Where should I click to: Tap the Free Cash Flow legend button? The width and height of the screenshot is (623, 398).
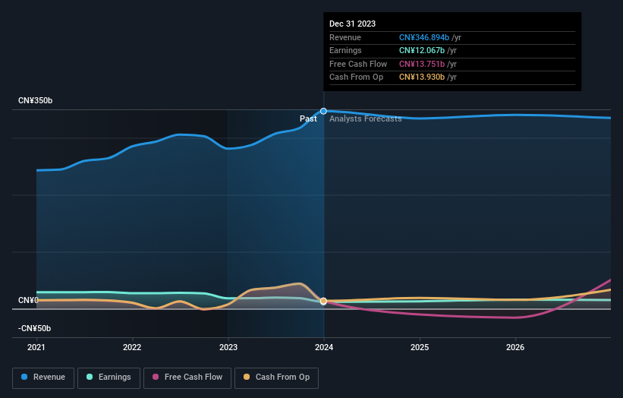(187, 377)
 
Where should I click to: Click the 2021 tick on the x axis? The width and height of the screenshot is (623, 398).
(36, 348)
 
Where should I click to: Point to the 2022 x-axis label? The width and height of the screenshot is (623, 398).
(132, 348)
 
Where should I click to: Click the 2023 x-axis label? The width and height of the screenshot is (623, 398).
(228, 348)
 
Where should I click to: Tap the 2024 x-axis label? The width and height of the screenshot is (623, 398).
(324, 348)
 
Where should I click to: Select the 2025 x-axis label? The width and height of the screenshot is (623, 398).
(420, 348)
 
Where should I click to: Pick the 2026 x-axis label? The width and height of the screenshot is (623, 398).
(515, 348)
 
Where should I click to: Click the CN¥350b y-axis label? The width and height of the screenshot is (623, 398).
(36, 101)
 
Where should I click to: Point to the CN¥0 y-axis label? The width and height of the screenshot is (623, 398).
(28, 301)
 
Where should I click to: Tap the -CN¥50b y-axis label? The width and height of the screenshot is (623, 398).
(34, 328)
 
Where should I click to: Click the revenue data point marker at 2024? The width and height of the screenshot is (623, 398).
(324, 111)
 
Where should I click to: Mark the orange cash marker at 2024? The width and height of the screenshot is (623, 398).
(324, 302)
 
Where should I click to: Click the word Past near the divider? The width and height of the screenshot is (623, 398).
(308, 118)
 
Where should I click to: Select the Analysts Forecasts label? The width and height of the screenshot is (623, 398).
(365, 118)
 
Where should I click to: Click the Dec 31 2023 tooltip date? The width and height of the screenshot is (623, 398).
(352, 24)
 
